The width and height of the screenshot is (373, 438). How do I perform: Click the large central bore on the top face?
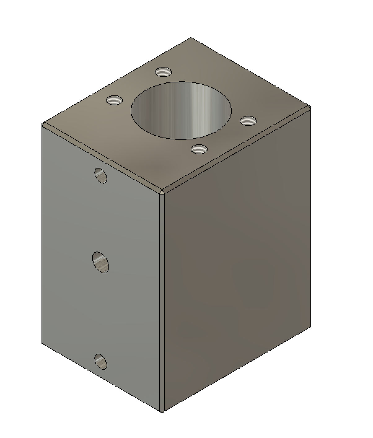(x=181, y=111)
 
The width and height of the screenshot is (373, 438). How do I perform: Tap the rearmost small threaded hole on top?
(x=163, y=72)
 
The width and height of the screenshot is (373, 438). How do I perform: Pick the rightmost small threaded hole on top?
(x=248, y=120)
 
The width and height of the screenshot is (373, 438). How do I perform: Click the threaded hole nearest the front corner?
(x=199, y=150)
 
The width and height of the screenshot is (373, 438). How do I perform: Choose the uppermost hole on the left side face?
(x=101, y=176)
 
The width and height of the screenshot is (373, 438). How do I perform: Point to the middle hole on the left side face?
(x=101, y=262)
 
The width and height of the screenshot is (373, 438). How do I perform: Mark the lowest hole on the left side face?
(x=101, y=361)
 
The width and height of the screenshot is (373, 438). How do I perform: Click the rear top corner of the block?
(x=191, y=38)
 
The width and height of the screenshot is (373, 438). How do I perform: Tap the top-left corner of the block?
(x=42, y=124)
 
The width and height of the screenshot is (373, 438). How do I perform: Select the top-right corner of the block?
(x=310, y=107)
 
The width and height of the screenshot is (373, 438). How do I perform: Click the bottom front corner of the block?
(x=162, y=411)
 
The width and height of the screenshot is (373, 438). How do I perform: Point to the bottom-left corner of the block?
(x=42, y=343)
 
